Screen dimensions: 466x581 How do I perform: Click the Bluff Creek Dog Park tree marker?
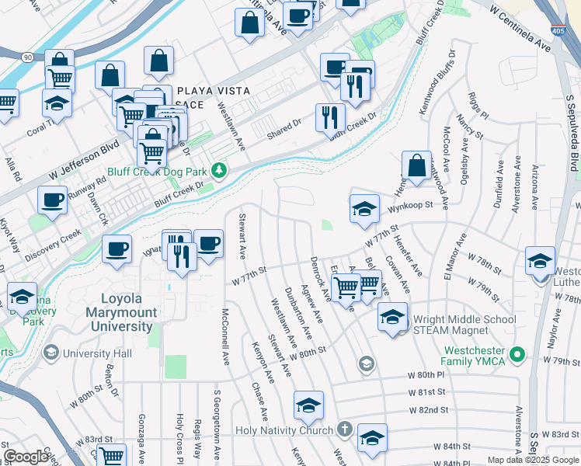(x=221, y=169)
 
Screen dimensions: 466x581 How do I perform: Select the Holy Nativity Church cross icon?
(x=345, y=429)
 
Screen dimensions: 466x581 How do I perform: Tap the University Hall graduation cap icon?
(x=51, y=353)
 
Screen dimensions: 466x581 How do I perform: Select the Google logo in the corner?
(x=26, y=457)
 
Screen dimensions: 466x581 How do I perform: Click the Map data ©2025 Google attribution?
(x=532, y=459)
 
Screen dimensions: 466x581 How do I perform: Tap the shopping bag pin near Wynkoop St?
(x=416, y=166)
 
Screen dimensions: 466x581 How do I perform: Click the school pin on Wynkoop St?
(x=364, y=209)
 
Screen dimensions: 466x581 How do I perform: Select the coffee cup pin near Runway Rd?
(x=52, y=200)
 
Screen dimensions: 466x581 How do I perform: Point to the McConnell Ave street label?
(x=225, y=337)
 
